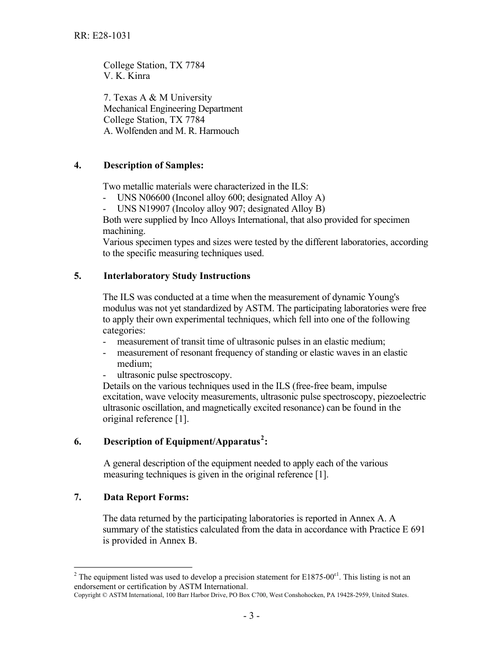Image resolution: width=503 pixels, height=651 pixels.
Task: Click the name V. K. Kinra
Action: [127, 76]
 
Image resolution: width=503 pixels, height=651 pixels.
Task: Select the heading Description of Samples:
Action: [154, 165]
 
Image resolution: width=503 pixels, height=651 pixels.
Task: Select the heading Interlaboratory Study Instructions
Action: [177, 276]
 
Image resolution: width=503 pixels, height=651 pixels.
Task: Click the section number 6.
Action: [78, 441]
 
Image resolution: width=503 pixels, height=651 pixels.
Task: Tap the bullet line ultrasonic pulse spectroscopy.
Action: [174, 375]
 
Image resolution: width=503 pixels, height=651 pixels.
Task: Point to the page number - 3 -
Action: [251, 616]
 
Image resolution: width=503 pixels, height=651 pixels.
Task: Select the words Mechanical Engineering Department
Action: [173, 108]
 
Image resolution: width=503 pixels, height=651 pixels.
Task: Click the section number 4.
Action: [78, 165]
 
